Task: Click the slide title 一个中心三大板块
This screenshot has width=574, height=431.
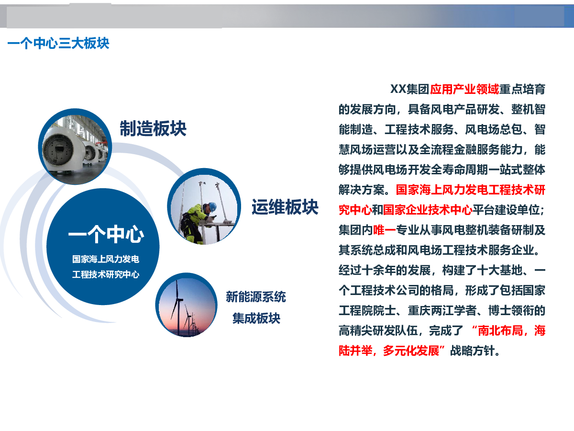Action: click(x=58, y=43)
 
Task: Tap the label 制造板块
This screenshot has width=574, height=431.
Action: click(x=153, y=128)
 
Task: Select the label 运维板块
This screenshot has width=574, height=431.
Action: click(x=285, y=207)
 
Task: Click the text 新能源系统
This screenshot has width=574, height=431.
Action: click(x=256, y=297)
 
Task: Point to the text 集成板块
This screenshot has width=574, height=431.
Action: click(x=256, y=318)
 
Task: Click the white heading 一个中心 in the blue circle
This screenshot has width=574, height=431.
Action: click(x=106, y=234)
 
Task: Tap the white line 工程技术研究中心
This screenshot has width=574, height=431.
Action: click(x=106, y=274)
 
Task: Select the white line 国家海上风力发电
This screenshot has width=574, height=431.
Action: click(x=106, y=259)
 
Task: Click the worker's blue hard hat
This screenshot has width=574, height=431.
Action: click(x=212, y=206)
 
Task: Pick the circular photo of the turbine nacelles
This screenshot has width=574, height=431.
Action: click(x=75, y=147)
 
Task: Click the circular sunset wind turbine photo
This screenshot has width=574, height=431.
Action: click(x=187, y=305)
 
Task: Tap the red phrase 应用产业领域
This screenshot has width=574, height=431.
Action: click(x=464, y=89)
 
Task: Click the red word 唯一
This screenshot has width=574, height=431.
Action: click(x=385, y=230)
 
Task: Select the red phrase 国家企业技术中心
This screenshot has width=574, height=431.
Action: click(x=428, y=210)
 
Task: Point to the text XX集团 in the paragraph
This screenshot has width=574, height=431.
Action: click(x=410, y=89)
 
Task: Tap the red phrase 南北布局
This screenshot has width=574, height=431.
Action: click(x=500, y=330)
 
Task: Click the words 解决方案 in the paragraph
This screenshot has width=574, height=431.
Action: click(x=362, y=190)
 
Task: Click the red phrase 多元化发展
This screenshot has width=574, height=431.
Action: click(x=411, y=351)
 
